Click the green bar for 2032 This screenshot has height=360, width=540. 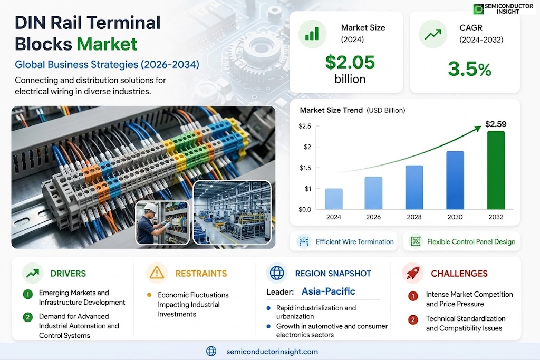pyautogui.click(x=496, y=170)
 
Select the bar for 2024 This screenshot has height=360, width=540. pyautogui.click(x=334, y=199)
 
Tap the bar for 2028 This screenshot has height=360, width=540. pyautogui.click(x=414, y=187)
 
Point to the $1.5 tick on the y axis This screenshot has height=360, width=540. pyautogui.click(x=305, y=168)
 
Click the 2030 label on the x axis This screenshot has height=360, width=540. pyautogui.click(x=455, y=217)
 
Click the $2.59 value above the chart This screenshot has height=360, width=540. pyautogui.click(x=496, y=124)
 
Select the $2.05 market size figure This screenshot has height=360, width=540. pyautogui.click(x=350, y=62)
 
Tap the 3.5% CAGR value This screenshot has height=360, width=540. pyautogui.click(x=469, y=69)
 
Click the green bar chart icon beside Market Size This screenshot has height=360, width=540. pyautogui.click(x=312, y=34)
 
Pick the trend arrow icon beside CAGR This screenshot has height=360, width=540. pyautogui.click(x=433, y=34)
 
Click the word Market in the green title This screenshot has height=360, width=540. pyautogui.click(x=107, y=44)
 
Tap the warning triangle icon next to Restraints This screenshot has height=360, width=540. pyautogui.click(x=157, y=273)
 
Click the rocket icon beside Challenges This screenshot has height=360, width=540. pyautogui.click(x=413, y=273)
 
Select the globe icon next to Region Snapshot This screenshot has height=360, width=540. pyautogui.click(x=277, y=273)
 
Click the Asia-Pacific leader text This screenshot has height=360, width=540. pyautogui.click(x=328, y=291)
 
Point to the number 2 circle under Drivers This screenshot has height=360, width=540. pyautogui.click(x=28, y=317)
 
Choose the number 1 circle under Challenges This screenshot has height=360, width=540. pyautogui.click(x=413, y=296)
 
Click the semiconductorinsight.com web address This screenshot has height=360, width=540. pyautogui.click(x=272, y=352)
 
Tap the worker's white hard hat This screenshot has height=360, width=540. pyautogui.click(x=150, y=207)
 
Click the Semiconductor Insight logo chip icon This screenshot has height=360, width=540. pyautogui.click(x=478, y=9)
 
